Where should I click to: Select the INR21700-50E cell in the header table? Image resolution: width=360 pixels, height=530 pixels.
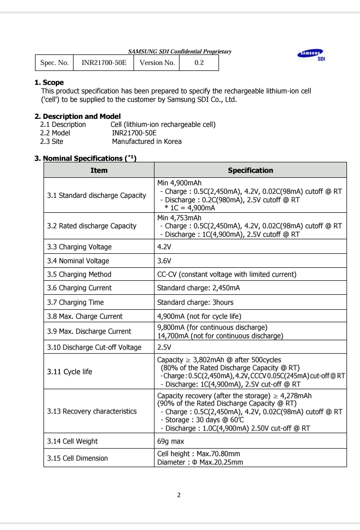point(104,63)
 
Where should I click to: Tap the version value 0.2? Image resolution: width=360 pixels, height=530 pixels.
point(198,63)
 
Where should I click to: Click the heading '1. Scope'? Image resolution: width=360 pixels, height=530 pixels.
point(49,82)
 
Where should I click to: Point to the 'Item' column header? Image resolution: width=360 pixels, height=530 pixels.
point(99,170)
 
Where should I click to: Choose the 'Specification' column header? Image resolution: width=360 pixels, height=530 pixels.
point(250,170)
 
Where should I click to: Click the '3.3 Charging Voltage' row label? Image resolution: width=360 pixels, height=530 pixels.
point(79,247)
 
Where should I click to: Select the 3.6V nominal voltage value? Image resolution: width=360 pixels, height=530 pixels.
point(164,261)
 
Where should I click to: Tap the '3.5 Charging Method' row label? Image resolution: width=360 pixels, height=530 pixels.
point(79,274)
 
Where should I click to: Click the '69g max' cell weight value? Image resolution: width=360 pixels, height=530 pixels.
point(170,441)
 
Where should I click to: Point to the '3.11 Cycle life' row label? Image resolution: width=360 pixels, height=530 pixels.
point(69,372)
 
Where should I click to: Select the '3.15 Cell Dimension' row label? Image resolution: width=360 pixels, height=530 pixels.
point(77,458)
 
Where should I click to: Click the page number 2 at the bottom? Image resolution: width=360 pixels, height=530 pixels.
point(179,495)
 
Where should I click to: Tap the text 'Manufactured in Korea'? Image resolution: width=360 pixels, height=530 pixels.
point(146,141)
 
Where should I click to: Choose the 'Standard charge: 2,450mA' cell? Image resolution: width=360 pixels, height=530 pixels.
point(198,288)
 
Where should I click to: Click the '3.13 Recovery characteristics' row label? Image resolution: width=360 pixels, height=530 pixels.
point(91,411)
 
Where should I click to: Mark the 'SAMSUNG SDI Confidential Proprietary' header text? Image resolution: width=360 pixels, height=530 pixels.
point(179,51)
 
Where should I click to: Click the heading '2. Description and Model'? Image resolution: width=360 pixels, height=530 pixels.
point(77,116)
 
